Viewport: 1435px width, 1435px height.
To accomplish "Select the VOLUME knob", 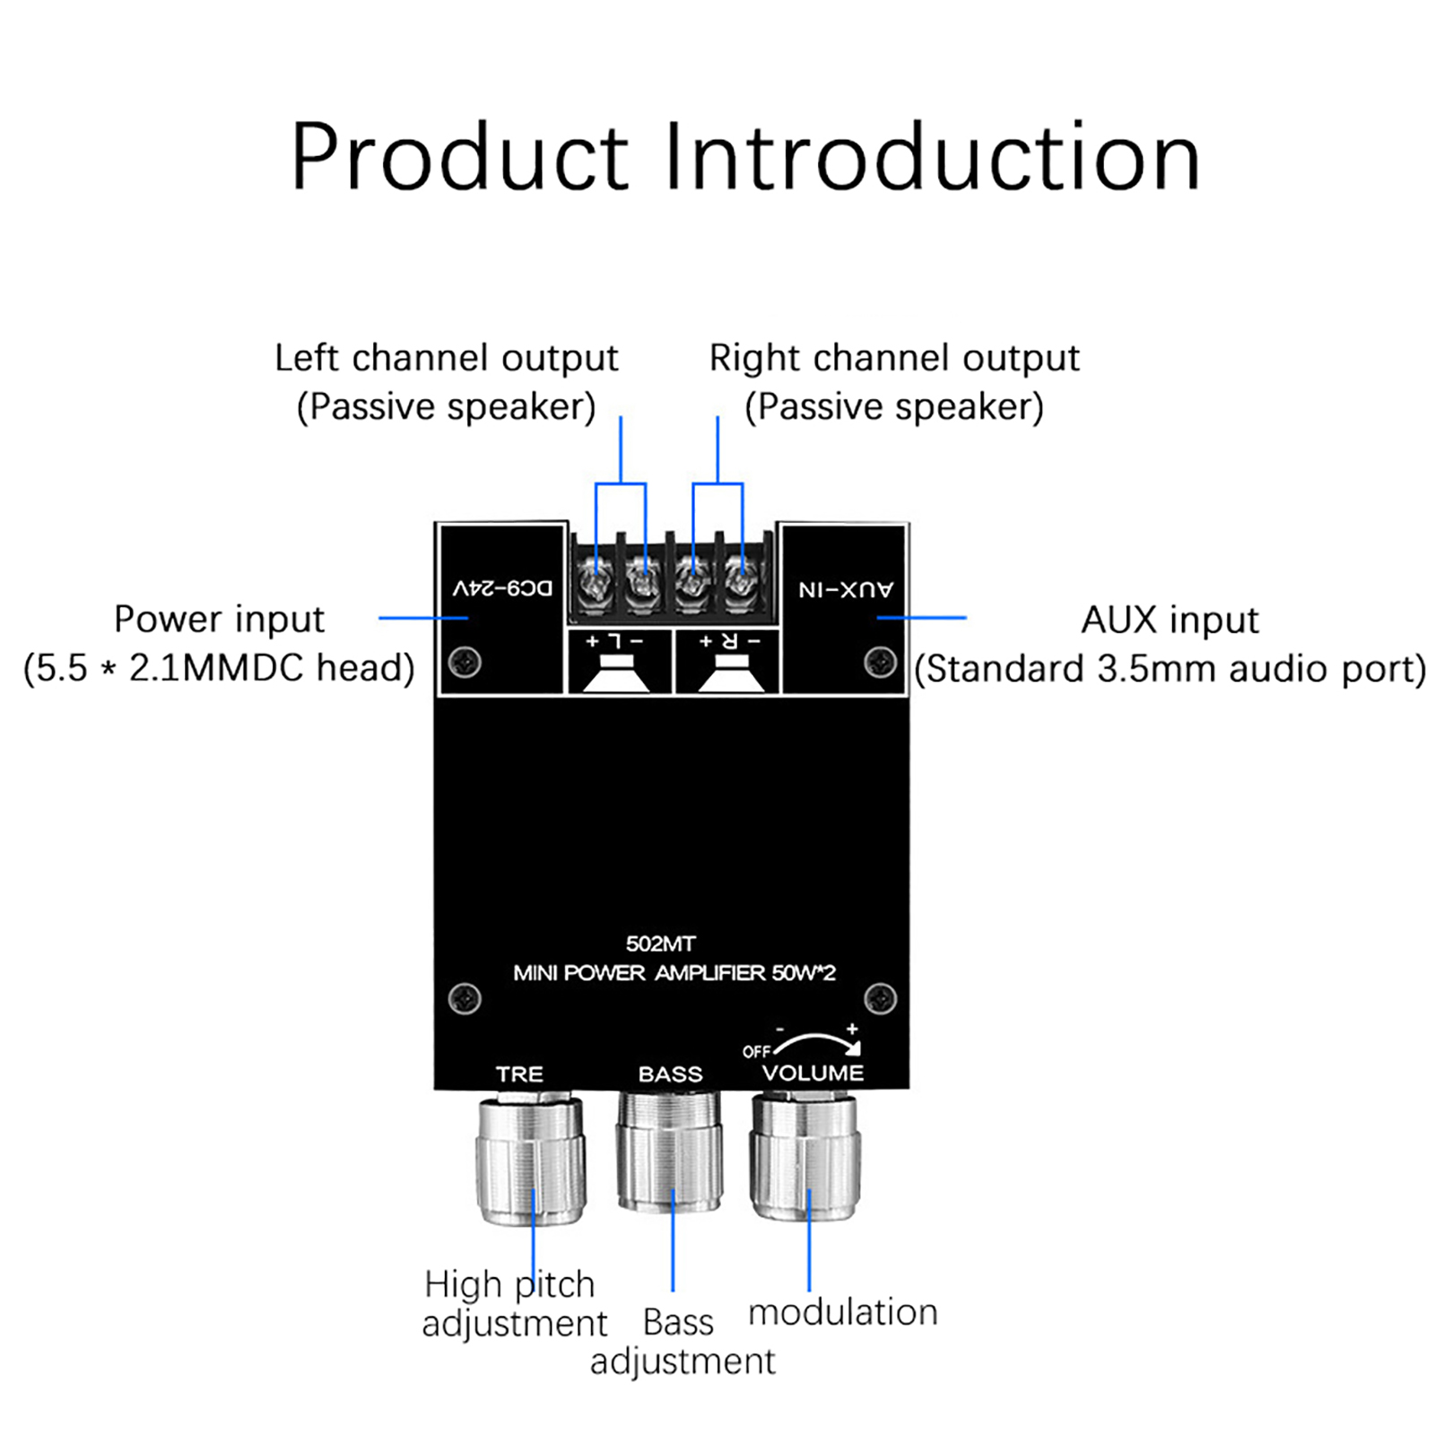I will tap(805, 1157).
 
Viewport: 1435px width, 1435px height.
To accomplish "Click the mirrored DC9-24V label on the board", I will tap(502, 588).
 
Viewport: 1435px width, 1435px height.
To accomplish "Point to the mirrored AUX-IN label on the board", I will tap(846, 589).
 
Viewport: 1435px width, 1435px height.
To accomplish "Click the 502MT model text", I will tap(660, 944).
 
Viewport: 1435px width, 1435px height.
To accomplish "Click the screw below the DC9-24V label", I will tap(465, 663).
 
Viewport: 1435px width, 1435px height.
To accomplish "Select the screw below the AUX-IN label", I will tap(880, 663).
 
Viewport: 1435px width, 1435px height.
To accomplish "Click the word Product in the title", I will tap(459, 158).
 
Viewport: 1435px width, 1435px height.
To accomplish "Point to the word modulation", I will tap(842, 1312).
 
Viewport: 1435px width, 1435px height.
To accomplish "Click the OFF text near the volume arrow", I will tap(756, 1051).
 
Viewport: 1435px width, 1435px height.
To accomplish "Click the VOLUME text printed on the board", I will tap(813, 1073).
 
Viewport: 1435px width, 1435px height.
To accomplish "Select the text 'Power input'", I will tap(219, 619).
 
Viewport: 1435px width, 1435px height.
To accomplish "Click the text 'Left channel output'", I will tap(446, 358).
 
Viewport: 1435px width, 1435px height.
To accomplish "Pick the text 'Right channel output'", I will tap(894, 358).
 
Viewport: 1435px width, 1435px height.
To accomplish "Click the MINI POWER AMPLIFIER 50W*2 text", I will tap(674, 973).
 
